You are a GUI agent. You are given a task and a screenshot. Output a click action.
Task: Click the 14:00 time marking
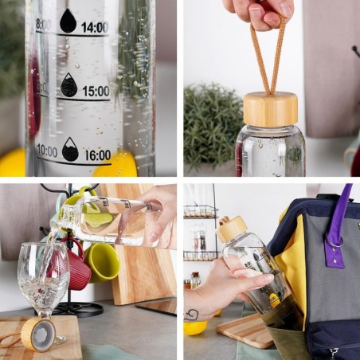click(x=95, y=27)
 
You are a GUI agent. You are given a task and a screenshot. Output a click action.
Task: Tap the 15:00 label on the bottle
click(x=95, y=91)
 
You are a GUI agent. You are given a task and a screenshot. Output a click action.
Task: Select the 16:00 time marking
click(x=97, y=155)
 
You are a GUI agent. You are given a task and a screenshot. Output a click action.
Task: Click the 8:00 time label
click(x=43, y=25)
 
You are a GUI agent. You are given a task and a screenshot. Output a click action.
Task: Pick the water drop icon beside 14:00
click(x=68, y=22)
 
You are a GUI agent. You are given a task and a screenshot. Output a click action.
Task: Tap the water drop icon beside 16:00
click(x=71, y=149)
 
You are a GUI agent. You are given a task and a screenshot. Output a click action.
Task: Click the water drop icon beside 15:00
click(x=69, y=85)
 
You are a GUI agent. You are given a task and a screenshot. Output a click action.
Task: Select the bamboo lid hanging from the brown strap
click(x=270, y=109)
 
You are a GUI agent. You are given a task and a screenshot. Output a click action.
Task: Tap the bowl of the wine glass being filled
click(x=42, y=275)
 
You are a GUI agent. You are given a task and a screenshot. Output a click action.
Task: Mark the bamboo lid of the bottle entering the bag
click(x=232, y=229)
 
